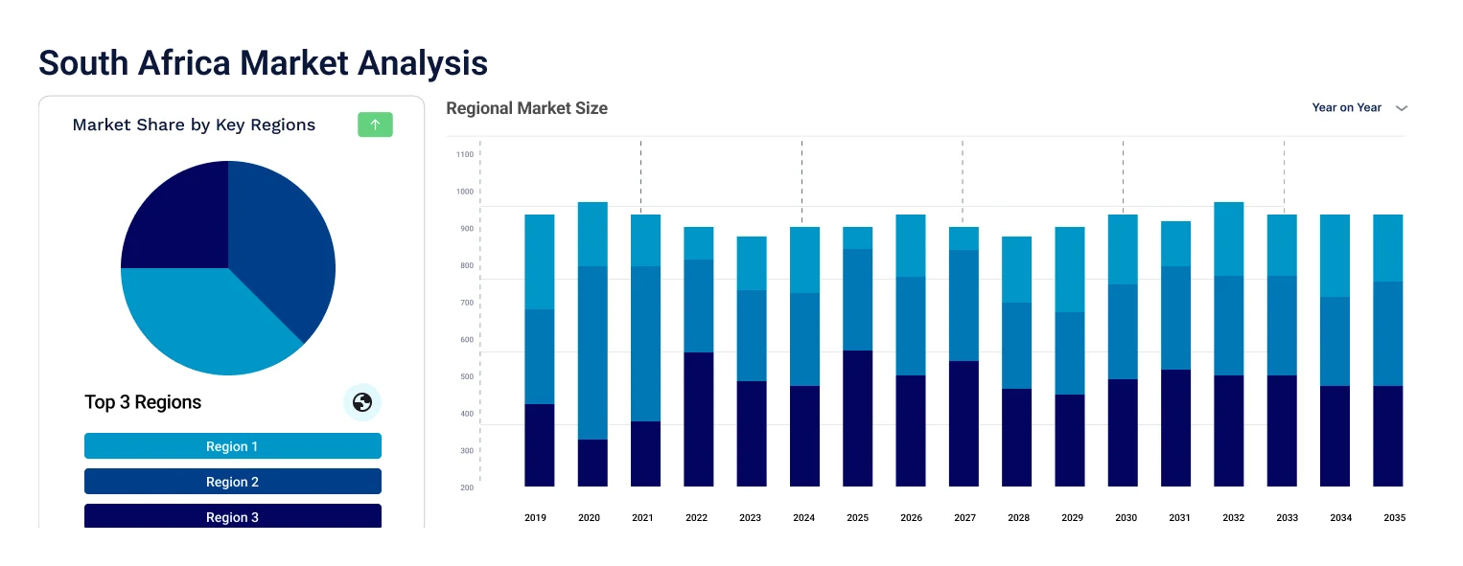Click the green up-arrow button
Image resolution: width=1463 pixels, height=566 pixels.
point(375,125)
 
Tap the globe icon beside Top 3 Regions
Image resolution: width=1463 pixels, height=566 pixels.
point(362,402)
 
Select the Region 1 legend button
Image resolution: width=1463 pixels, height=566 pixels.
point(233,446)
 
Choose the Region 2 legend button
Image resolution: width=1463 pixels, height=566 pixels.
point(233,482)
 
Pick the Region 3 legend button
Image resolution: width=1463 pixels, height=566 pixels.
point(233,516)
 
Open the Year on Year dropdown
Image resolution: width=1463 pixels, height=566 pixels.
point(1358,108)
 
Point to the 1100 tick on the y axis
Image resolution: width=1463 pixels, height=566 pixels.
point(465,154)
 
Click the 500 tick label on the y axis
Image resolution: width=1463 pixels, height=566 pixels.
point(465,377)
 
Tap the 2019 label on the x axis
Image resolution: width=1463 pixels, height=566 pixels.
point(535,518)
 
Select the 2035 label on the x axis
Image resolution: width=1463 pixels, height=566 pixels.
point(1394,518)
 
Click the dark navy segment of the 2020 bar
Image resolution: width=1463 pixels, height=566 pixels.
point(592,463)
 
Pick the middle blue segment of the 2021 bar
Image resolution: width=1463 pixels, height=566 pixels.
point(645,343)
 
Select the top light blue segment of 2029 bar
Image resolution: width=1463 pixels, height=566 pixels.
point(1070,269)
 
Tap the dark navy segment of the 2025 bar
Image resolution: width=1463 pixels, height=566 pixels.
point(857,418)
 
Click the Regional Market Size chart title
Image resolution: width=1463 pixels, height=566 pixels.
point(526,108)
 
